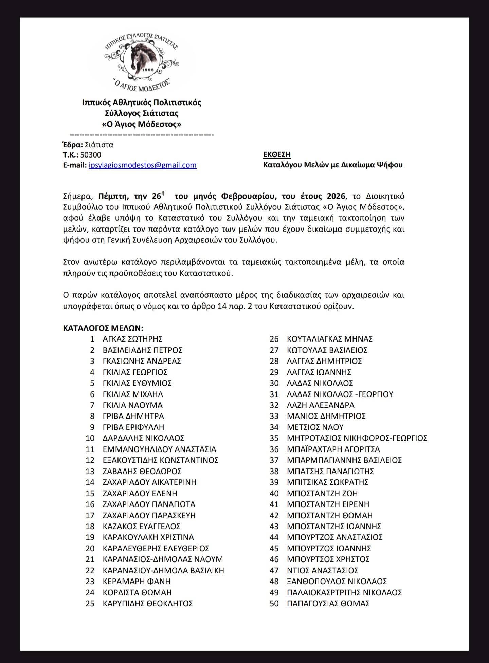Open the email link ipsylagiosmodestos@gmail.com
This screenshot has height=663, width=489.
coord(142,165)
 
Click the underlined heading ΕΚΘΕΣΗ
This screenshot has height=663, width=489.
coord(277,154)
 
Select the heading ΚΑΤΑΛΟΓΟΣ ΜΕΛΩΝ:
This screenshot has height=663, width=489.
coord(103,328)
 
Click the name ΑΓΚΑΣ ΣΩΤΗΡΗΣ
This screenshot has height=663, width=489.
coord(132,339)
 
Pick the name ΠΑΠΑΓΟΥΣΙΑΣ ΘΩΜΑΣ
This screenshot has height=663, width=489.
coord(328,603)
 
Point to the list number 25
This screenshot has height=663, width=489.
coord(90,603)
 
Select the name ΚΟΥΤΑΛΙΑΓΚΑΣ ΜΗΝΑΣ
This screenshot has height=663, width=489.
coord(330,339)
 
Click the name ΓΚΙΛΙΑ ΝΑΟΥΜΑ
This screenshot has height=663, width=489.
coord(132,405)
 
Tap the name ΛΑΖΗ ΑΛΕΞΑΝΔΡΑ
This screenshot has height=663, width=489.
coord(321,405)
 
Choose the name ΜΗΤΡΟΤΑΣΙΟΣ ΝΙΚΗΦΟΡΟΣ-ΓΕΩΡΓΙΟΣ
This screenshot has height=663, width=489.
coord(357,438)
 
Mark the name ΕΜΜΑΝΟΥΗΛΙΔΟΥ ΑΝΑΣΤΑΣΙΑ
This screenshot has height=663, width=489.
coord(159,449)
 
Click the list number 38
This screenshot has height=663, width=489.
coord(274,471)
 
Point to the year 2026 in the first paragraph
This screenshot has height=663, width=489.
coord(336,196)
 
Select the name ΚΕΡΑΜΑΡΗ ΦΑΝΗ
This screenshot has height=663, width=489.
coord(137,581)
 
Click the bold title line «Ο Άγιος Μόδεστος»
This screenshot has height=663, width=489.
coord(142,124)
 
